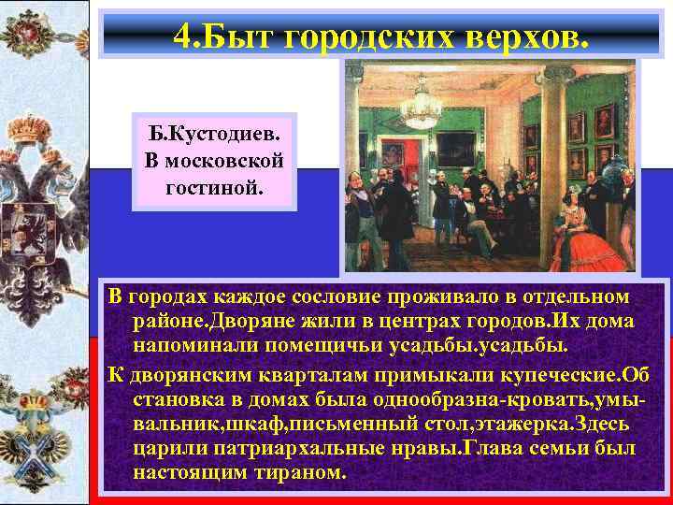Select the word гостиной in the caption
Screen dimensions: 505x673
215,188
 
